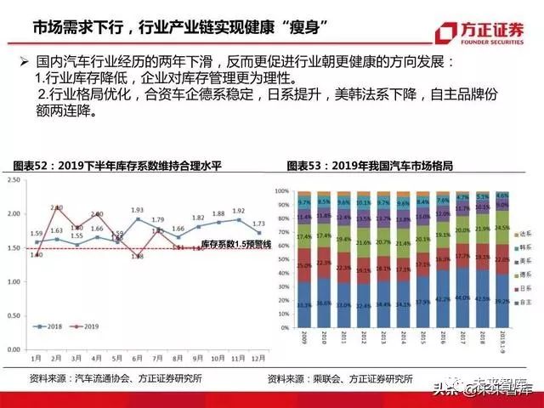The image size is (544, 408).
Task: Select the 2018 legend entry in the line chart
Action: [50, 326]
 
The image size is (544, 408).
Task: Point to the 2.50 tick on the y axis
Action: [14, 181]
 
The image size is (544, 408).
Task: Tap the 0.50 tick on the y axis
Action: [14, 315]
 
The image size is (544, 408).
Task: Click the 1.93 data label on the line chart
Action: [137, 209]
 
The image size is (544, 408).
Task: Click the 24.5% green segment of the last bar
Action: [501, 229]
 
